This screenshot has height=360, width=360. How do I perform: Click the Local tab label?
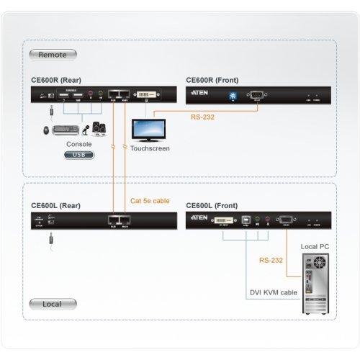point(51,304)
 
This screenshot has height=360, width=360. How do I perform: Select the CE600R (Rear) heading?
point(60,80)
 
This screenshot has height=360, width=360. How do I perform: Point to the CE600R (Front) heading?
point(212,80)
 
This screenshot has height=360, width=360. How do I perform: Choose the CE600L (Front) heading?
point(212,206)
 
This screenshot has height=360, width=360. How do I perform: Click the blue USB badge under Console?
point(78,154)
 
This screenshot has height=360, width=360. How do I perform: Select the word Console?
point(78,144)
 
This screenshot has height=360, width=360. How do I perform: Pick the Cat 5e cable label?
point(150,201)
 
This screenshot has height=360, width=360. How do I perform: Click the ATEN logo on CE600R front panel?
point(199,94)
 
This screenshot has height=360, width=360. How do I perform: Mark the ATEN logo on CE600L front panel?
point(199,217)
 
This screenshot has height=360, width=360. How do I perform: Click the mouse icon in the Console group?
point(47,131)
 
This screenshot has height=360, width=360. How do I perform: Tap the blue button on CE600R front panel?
point(233,95)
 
